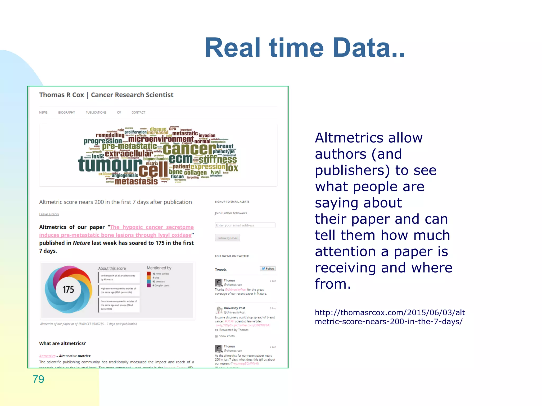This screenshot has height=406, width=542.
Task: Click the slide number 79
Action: [38, 379]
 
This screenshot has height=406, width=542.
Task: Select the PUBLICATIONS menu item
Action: [96, 113]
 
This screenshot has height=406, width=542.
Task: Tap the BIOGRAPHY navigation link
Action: [66, 113]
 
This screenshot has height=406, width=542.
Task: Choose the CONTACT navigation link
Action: [138, 113]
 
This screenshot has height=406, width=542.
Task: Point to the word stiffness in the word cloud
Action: [218, 159]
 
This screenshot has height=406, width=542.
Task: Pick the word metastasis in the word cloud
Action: [136, 181]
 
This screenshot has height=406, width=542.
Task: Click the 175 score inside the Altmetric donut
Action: [69, 290]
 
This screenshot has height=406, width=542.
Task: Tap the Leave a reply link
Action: [49, 214]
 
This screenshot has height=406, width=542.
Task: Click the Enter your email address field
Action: [245, 225]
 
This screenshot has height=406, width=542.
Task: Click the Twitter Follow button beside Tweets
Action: [268, 269]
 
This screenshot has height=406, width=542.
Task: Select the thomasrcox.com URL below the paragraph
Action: [390, 317]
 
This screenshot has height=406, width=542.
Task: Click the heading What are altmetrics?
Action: [62, 343]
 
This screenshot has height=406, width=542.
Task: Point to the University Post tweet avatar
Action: [219, 310]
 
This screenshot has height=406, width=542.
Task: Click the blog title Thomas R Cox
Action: [61, 95]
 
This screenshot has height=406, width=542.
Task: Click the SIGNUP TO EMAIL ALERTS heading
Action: [232, 202]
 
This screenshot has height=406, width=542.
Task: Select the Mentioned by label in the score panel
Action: [159, 268]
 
